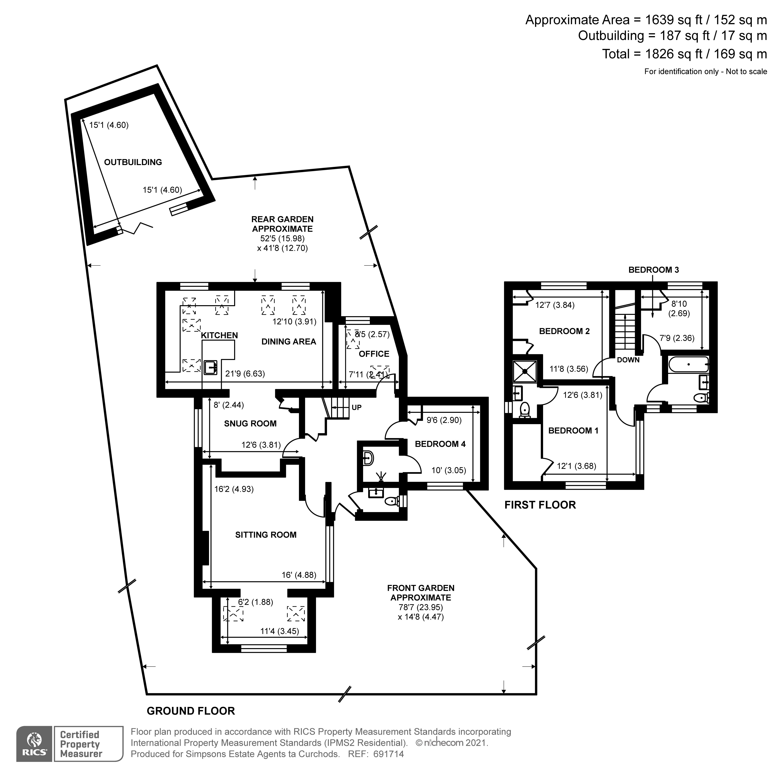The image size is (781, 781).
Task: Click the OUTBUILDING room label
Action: click(x=133, y=162)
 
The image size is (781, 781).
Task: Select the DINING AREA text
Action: click(x=289, y=342)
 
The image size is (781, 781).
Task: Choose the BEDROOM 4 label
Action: click(x=440, y=444)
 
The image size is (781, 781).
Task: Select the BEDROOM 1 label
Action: click(x=573, y=431)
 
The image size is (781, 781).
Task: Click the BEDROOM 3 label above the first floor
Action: click(x=654, y=270)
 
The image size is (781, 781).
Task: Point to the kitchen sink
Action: click(x=211, y=368)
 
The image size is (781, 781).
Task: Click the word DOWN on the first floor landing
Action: click(x=628, y=360)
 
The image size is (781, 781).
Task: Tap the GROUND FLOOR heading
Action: click(x=191, y=711)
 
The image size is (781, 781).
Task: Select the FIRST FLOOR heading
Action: click(x=540, y=505)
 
